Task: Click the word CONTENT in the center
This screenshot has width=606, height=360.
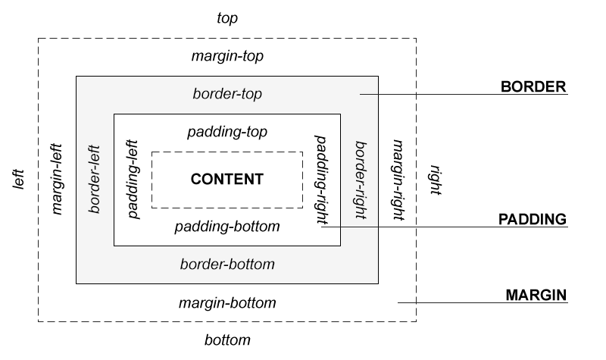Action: coord(226,180)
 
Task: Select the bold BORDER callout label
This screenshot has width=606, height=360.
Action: coord(534,86)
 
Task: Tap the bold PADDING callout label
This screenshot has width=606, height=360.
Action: coord(533,220)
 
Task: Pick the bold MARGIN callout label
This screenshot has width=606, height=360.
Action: coord(536,294)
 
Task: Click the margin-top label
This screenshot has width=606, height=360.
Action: coord(227,57)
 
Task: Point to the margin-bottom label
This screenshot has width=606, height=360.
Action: coord(227,303)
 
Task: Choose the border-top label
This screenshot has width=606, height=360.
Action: coord(227,95)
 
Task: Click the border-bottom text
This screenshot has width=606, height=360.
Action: coord(227,265)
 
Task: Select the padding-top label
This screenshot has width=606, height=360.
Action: coord(227,132)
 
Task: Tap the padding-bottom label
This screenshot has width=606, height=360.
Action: coord(227,227)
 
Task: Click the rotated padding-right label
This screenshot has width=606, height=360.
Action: coord(321,180)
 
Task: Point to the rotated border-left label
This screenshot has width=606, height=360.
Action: coord(95,180)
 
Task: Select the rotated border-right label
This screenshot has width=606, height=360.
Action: coord(360,180)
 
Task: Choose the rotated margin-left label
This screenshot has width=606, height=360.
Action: coord(58,180)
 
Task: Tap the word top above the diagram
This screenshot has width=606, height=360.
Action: coord(227,18)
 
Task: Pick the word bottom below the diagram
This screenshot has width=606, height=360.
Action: coord(227,340)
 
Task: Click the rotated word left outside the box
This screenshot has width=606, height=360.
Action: coord(20,180)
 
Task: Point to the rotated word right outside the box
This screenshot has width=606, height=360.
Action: coord(436,180)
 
